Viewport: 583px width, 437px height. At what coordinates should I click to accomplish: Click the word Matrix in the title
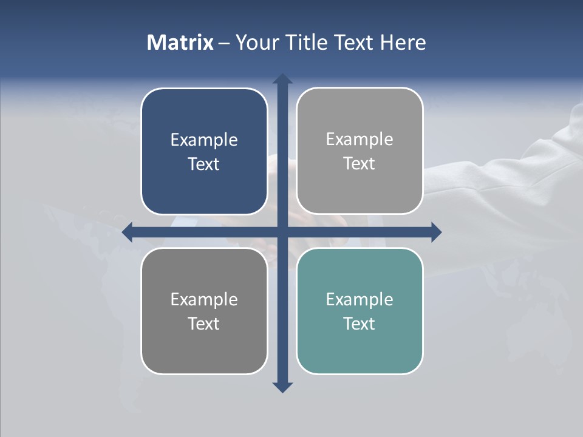click(x=180, y=42)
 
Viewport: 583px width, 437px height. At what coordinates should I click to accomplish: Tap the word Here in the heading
click(x=403, y=42)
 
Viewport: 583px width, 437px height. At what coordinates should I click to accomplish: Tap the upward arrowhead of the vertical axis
click(x=282, y=79)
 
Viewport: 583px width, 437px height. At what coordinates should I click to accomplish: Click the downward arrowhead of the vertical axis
click(x=282, y=387)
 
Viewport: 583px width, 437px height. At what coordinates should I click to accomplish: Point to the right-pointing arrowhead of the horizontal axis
click(x=436, y=232)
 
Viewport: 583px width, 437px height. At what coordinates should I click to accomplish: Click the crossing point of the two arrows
click(x=282, y=232)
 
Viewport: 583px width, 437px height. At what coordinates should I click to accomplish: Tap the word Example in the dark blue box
click(x=204, y=140)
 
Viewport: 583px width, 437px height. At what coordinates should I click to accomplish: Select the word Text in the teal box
click(x=360, y=324)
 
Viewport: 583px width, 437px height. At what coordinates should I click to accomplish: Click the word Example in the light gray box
click(x=360, y=140)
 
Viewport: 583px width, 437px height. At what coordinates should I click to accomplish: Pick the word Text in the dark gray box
click(x=204, y=324)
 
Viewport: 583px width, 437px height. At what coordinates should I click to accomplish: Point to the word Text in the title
click(x=355, y=42)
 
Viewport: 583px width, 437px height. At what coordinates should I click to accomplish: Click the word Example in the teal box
click(x=360, y=299)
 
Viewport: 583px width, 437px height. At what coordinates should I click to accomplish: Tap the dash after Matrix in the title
click(x=224, y=43)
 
